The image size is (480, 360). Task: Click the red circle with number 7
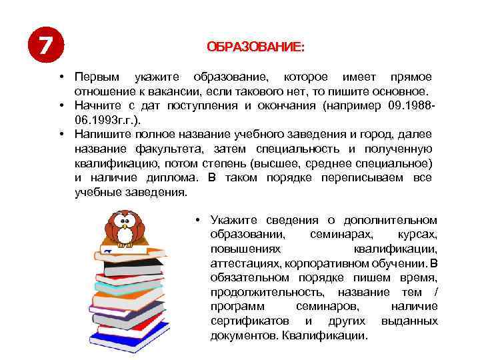pos(45,46)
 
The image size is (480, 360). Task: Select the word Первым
pos(95,77)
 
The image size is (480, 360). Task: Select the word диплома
pos(173,178)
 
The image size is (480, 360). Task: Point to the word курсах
pos(418,235)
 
